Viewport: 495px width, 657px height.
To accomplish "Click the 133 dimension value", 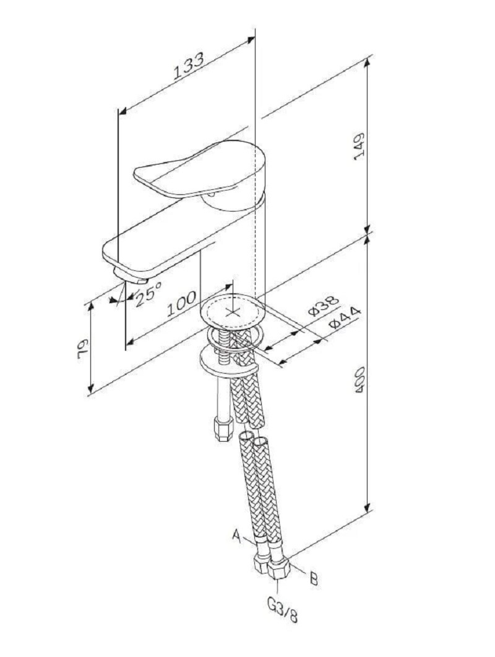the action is [x=189, y=66].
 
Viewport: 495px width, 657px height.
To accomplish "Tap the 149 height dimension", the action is [x=359, y=146].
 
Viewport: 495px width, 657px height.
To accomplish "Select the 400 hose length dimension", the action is [x=359, y=380].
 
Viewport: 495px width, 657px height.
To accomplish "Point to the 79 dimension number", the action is [x=82, y=348].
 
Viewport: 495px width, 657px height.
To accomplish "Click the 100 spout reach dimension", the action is [x=181, y=304].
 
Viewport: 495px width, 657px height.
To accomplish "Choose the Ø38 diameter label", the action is [x=323, y=306].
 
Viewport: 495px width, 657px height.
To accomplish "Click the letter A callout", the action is [x=237, y=536].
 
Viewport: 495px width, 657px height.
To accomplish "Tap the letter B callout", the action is [x=314, y=578].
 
